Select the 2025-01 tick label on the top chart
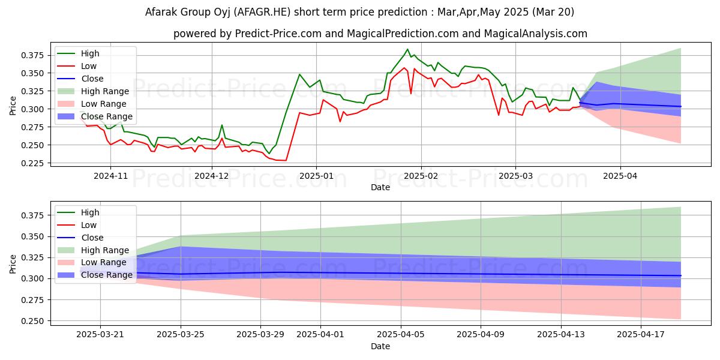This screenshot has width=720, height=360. point(316,176)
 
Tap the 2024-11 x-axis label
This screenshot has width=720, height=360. point(110,176)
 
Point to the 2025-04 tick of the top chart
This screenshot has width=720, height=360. point(620,176)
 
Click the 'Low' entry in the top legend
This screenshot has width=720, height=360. point(88,66)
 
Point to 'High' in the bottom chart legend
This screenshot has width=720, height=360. point(89,212)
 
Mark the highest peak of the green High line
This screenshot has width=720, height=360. point(407,49)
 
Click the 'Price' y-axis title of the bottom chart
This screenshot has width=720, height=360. point(13,263)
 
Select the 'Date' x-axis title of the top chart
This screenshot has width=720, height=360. point(380,187)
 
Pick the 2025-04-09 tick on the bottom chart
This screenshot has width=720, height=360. point(481,334)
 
